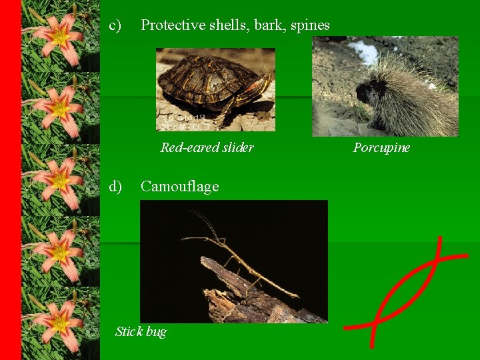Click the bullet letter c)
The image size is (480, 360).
[115, 25]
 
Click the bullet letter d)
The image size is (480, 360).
[115, 186]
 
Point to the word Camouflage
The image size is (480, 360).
[179, 186]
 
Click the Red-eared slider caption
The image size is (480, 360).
[207, 147]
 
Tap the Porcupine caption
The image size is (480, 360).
[381, 147]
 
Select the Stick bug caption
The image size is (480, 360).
[141, 331]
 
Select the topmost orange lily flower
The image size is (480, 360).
[59, 33]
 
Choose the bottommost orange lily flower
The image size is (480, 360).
[59, 320]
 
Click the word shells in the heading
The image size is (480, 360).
[230, 25]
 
